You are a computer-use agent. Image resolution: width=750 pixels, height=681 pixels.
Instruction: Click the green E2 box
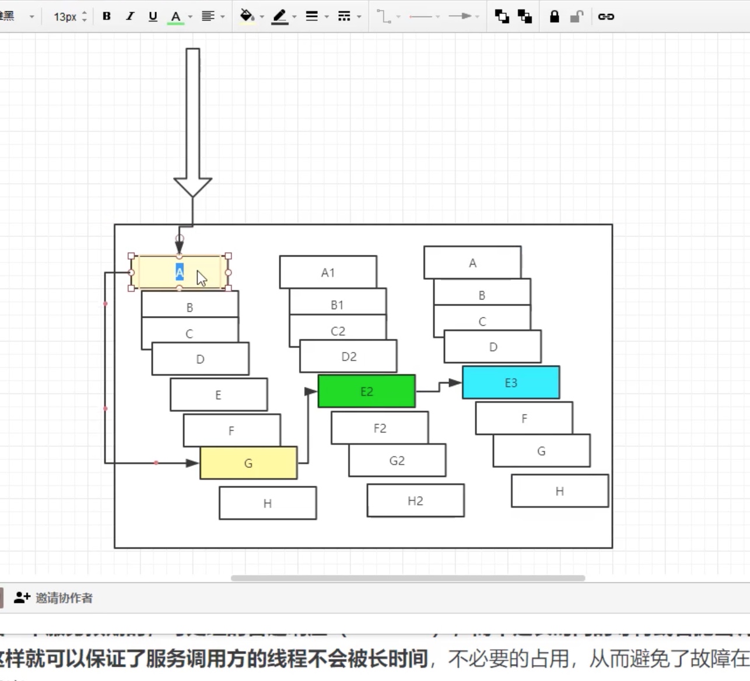[x=366, y=391]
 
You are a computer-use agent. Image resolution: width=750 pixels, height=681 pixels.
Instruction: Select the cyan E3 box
[x=510, y=382]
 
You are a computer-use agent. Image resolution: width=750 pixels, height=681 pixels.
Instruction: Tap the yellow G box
[x=248, y=463]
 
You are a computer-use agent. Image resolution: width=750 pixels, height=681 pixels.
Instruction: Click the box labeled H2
[x=415, y=500]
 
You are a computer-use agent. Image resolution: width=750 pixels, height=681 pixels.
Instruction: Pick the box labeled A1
[x=328, y=272]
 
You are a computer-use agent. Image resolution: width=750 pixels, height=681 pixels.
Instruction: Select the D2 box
[x=349, y=356]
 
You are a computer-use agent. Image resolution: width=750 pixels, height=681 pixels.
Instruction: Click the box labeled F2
[x=380, y=428]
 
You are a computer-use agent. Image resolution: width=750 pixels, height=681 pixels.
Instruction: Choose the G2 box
[x=397, y=460]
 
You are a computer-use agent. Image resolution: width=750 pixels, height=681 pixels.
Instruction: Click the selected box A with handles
[x=157, y=272]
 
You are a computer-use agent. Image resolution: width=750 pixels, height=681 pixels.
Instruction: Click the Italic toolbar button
[x=129, y=16]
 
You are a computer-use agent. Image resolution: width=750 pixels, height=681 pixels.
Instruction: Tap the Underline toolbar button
[x=153, y=16]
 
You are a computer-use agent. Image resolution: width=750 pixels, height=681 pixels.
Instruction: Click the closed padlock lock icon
[x=554, y=16]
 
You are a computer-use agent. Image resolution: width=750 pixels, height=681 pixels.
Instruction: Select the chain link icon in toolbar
[x=606, y=16]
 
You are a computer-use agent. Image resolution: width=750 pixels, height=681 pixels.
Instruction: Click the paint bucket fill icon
[x=247, y=16]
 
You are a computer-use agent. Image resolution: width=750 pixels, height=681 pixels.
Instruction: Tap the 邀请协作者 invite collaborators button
[x=54, y=598]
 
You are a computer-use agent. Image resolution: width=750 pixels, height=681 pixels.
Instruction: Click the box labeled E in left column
[x=218, y=395]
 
